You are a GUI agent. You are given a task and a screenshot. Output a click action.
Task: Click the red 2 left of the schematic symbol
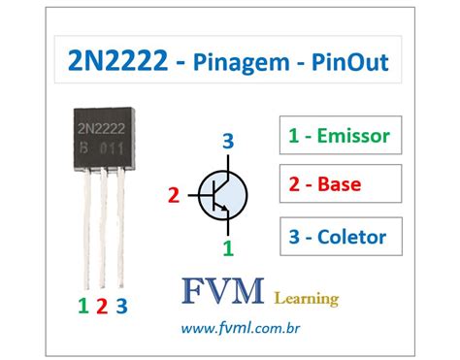pyautogui.click(x=174, y=196)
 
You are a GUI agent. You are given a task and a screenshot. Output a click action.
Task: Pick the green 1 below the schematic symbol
pyautogui.click(x=228, y=247)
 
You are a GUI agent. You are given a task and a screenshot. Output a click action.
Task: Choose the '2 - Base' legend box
pyautogui.click(x=339, y=184)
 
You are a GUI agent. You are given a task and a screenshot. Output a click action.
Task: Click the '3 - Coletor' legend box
pyautogui.click(x=339, y=235)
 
